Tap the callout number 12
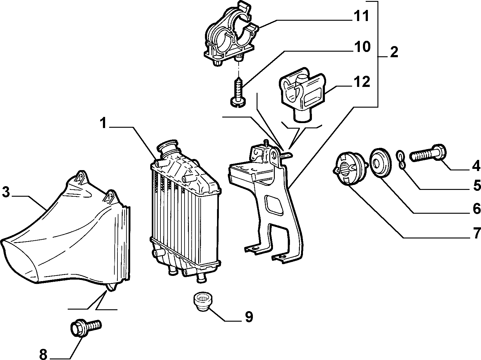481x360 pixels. pyautogui.click(x=361, y=82)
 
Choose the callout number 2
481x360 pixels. pyautogui.click(x=394, y=52)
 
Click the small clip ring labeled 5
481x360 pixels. pyautogui.click(x=401, y=160)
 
